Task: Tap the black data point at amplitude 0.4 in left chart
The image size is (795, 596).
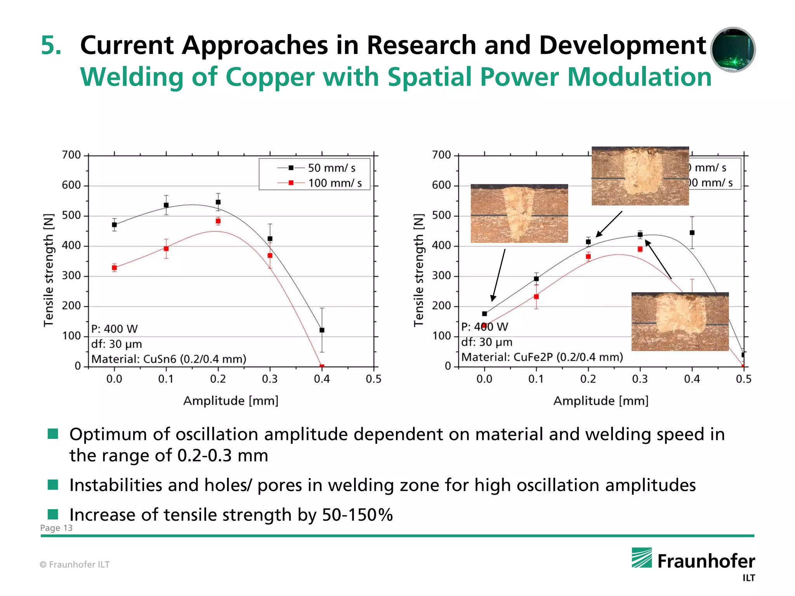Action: click(x=322, y=330)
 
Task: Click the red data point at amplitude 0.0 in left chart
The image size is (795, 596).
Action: click(x=114, y=268)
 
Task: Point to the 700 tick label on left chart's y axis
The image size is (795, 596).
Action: click(x=71, y=155)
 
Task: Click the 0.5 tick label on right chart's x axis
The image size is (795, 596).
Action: click(x=743, y=379)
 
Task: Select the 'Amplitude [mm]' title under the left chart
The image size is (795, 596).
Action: click(x=231, y=401)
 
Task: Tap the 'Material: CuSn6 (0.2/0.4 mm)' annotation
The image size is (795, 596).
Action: click(x=169, y=359)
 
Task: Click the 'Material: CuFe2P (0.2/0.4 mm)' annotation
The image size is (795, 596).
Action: click(x=542, y=357)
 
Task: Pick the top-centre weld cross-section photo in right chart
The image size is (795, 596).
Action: click(x=640, y=176)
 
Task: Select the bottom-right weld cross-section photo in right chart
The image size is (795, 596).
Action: click(x=680, y=322)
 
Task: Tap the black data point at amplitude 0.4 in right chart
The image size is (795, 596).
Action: click(x=692, y=233)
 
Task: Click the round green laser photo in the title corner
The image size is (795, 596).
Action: click(x=733, y=50)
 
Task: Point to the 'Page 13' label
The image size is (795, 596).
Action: click(x=56, y=528)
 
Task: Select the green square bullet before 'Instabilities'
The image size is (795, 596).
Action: click(x=53, y=485)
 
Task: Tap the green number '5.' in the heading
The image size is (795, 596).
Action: click(x=51, y=45)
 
